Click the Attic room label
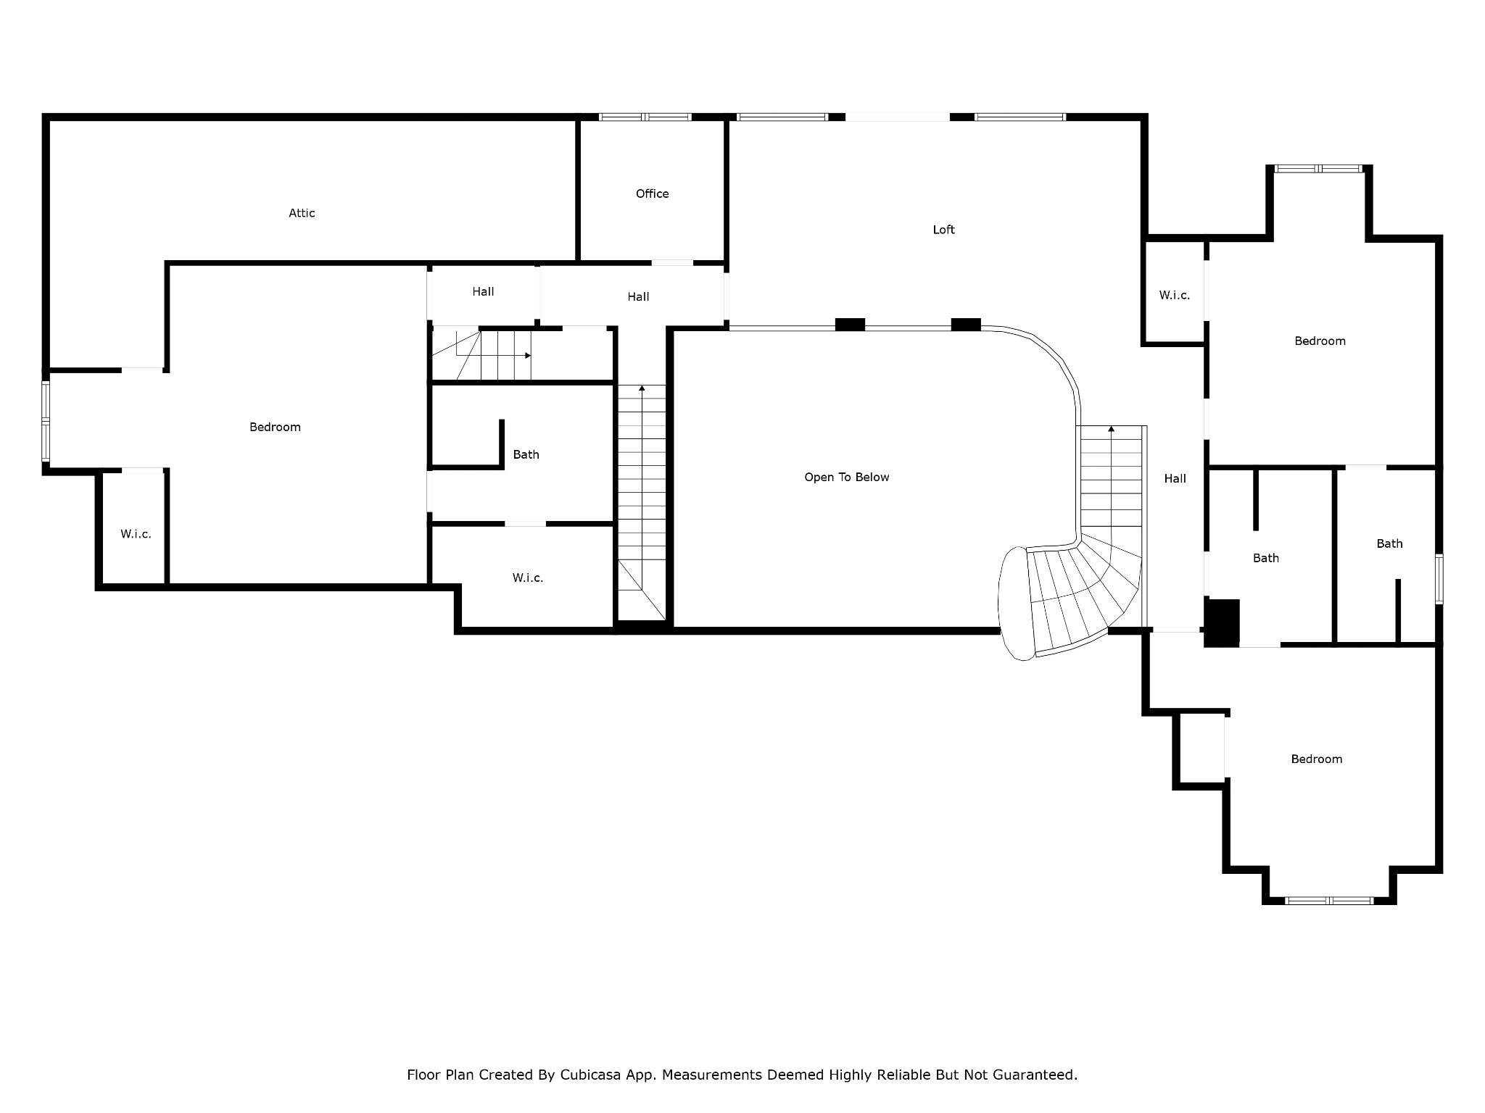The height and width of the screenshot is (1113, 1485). (302, 213)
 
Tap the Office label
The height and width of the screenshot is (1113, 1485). (652, 193)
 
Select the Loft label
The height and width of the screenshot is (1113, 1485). (943, 230)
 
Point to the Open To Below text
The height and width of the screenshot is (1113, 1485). (846, 477)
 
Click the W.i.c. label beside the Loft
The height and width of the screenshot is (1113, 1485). (1174, 295)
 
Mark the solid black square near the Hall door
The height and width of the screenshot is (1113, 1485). (1223, 622)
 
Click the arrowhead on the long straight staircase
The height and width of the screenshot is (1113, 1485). (642, 389)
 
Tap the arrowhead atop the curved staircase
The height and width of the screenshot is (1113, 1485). (1111, 430)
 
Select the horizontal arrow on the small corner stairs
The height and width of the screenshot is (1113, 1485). (527, 355)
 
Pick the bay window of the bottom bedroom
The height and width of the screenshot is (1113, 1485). (1329, 901)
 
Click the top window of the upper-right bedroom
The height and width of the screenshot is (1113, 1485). (1318, 169)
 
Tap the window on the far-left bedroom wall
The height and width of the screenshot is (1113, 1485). (46, 421)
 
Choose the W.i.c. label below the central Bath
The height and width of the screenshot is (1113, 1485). (527, 578)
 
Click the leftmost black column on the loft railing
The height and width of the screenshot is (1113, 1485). (850, 325)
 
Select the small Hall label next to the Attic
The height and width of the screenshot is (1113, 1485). (483, 291)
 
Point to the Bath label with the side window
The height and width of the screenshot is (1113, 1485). (1389, 543)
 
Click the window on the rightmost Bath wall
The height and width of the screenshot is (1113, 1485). (1439, 578)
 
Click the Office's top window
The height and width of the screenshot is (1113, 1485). (645, 117)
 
